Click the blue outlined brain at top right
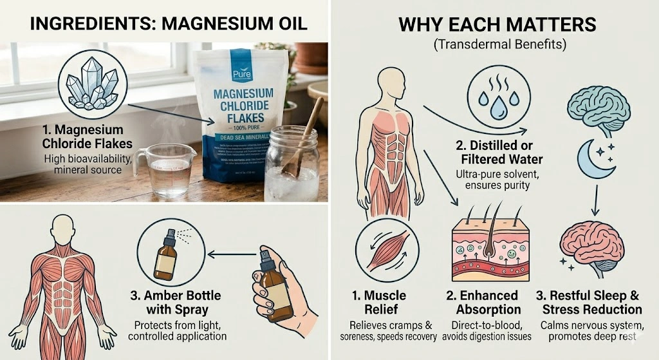595,108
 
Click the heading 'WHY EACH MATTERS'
497,26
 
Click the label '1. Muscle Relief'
378,303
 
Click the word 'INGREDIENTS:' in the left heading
86,24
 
